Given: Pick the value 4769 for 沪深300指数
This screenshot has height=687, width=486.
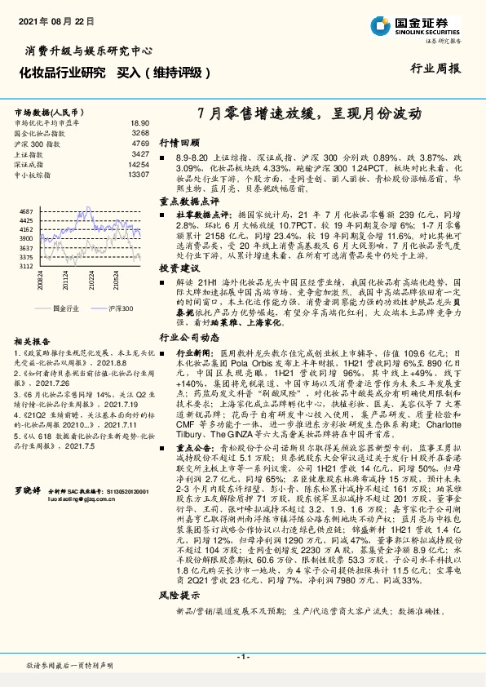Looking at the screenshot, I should coord(140,143).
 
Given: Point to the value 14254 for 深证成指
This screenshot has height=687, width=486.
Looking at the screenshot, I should coord(139,164).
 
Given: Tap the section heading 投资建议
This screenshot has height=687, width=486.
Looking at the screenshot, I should coord(179,268).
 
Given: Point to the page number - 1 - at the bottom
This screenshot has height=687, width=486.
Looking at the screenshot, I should coord(242,657).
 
